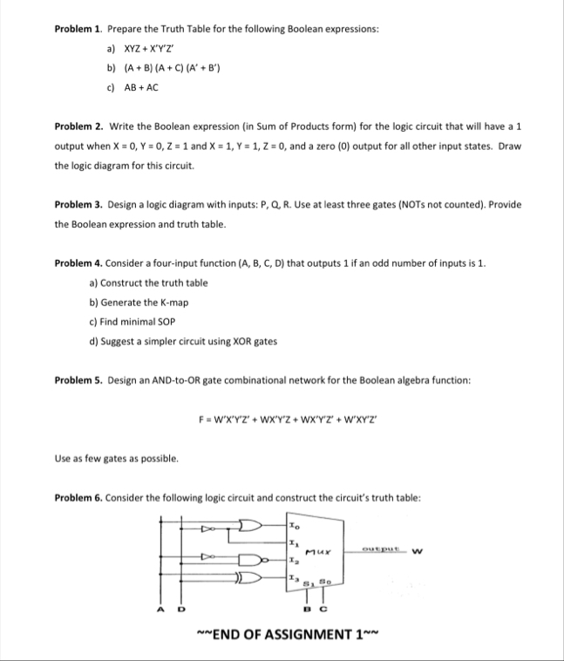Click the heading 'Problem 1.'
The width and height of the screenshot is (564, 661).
click(x=80, y=28)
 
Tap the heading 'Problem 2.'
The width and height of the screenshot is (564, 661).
click(x=80, y=126)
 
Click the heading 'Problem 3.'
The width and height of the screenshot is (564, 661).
click(x=80, y=204)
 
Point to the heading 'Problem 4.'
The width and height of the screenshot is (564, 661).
click(x=80, y=262)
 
